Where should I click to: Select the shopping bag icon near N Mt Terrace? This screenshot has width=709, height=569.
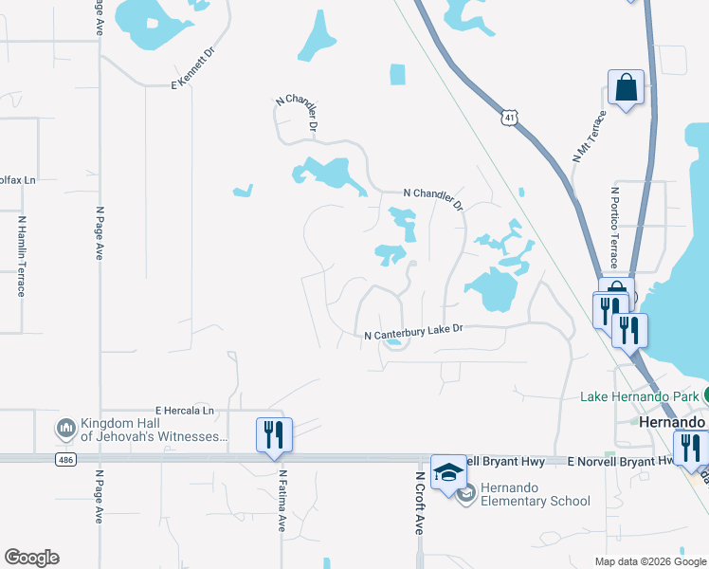tap(626, 89)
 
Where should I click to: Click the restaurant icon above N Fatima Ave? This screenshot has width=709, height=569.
tap(274, 435)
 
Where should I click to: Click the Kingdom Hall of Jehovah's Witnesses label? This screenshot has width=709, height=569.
tap(155, 430)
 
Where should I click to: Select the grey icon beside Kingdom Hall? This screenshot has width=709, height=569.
tap(65, 430)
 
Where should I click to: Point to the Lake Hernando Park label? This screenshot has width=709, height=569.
tap(639, 395)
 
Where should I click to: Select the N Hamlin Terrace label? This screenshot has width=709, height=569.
tap(21, 256)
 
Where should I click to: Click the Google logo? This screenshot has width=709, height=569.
tap(31, 558)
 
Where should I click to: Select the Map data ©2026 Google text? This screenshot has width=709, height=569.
tap(649, 561)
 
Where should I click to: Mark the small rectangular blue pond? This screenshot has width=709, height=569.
tap(397, 74)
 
